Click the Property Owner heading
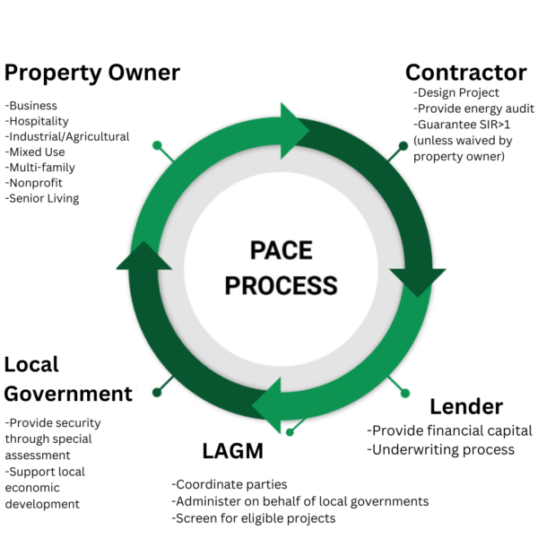(92, 72)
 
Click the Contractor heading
(465, 72)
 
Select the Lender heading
(466, 406)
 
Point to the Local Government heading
(68, 378)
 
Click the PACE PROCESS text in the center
(281, 267)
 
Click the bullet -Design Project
(456, 92)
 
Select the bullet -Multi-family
(40, 168)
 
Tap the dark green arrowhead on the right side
(417, 279)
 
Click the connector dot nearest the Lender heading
(404, 393)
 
